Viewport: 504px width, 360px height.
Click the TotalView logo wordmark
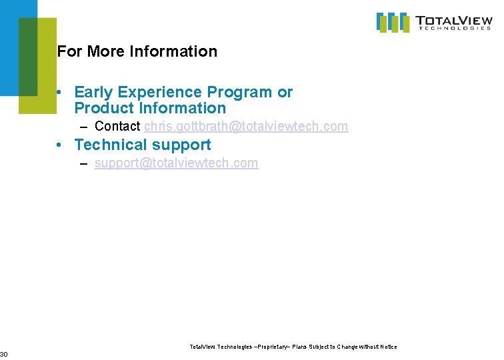[x=454, y=20]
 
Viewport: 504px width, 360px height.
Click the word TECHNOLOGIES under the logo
[x=454, y=29]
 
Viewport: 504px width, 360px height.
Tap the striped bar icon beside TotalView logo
[x=393, y=22]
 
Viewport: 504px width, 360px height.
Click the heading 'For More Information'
[x=137, y=51]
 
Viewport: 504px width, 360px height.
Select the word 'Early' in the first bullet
[x=94, y=92]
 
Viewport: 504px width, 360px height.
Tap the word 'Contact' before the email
[x=117, y=126]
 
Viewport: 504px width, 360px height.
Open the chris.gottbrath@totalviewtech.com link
[x=246, y=126]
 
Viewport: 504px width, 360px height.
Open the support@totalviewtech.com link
[x=176, y=163]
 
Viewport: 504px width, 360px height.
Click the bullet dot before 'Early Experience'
[x=60, y=93]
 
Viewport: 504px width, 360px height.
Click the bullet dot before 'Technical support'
[x=60, y=145]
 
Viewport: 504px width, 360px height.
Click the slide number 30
[x=3, y=353]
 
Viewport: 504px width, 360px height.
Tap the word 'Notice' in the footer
[x=388, y=347]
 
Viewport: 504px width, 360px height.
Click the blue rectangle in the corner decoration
[x=9, y=47]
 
